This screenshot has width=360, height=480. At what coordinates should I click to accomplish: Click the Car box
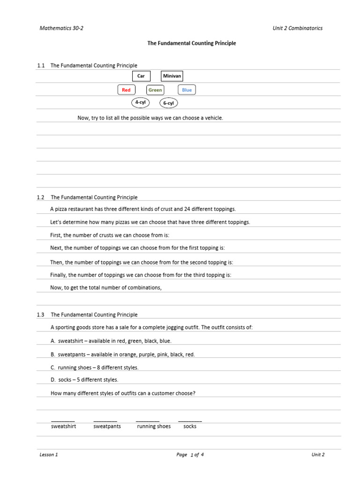(x=141, y=76)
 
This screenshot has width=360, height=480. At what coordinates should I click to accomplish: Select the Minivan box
(x=172, y=76)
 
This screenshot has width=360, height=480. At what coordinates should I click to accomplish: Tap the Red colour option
(x=126, y=90)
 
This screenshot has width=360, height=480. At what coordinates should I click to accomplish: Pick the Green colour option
(x=155, y=90)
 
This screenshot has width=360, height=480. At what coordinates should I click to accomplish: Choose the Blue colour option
(x=187, y=90)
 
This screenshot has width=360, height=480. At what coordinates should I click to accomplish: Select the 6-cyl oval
(x=169, y=103)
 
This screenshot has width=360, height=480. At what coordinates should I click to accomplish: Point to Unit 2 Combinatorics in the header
(x=297, y=28)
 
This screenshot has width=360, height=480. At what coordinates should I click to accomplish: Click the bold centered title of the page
(x=192, y=43)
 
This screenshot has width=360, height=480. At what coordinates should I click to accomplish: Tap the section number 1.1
(x=40, y=66)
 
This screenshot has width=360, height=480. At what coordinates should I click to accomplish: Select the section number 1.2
(x=40, y=197)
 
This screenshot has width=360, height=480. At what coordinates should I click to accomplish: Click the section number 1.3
(x=40, y=315)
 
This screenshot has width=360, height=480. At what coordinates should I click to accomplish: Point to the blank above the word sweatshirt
(x=63, y=420)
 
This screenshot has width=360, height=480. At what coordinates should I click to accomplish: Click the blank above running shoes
(x=148, y=420)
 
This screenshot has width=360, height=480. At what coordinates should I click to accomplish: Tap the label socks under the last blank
(x=190, y=427)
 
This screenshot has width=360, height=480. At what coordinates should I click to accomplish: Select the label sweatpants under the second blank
(x=107, y=427)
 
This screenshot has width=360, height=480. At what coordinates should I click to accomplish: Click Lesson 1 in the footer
(x=49, y=455)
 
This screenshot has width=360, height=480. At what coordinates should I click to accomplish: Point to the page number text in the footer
(x=190, y=455)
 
